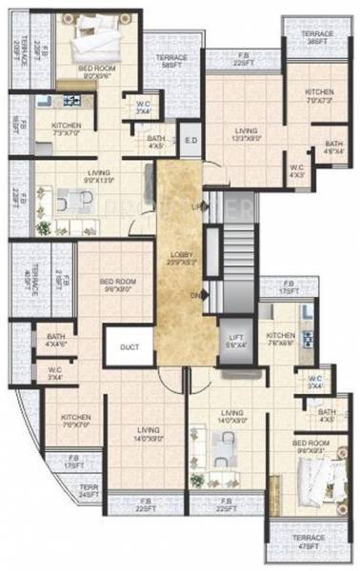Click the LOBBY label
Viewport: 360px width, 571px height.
tap(181, 257)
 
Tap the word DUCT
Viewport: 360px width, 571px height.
tap(130, 347)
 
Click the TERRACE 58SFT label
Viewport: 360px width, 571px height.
tap(171, 62)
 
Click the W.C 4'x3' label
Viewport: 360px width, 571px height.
tap(297, 172)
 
